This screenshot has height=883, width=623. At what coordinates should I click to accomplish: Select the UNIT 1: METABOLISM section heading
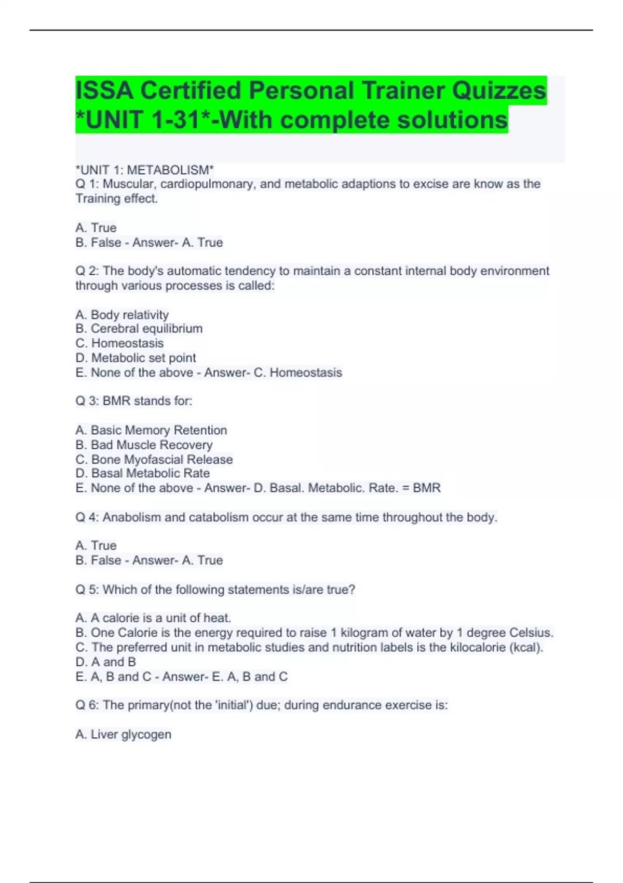point(144,170)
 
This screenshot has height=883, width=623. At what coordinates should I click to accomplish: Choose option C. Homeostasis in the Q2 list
point(119,343)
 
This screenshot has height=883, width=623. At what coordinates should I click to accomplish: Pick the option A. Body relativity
point(122,315)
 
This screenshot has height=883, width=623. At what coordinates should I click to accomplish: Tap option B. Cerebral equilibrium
point(139,329)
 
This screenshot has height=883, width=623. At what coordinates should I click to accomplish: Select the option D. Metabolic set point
point(136,358)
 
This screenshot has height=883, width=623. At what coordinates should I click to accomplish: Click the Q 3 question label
point(87,401)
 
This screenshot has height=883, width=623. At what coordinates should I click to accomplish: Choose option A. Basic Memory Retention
point(151,430)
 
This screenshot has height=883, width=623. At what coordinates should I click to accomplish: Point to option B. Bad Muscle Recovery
point(144,445)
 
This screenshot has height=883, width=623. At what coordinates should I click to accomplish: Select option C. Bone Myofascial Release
point(154,460)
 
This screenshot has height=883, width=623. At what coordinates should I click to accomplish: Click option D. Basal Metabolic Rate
point(143,473)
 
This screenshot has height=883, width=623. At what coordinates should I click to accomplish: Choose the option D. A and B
point(105,662)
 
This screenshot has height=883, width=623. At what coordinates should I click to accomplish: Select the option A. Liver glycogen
point(123,734)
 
